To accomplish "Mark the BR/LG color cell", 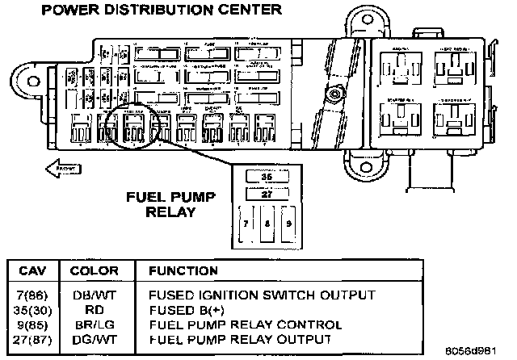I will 90,324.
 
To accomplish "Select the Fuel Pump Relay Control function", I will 241,324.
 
